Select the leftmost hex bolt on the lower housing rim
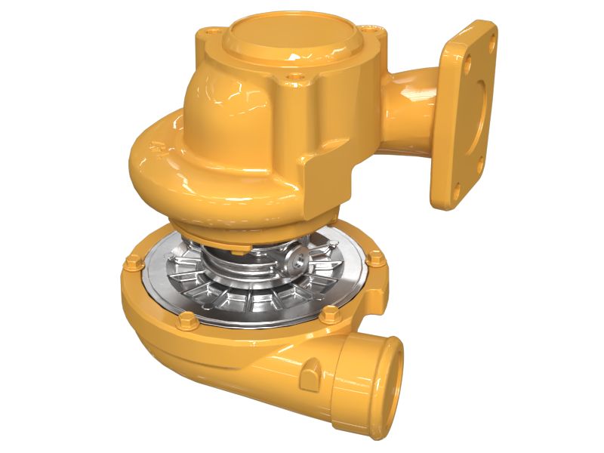click(x=133, y=263)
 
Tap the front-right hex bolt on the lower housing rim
click(x=329, y=316)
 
